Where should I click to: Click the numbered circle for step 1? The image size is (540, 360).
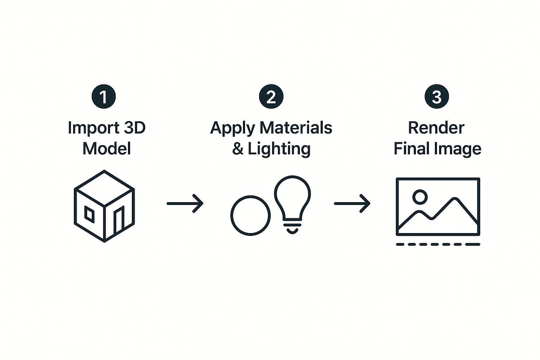(104, 96)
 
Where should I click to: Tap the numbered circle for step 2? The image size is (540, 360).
(271, 96)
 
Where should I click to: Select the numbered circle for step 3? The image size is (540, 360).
(437, 96)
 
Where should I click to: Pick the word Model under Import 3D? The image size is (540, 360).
(107, 148)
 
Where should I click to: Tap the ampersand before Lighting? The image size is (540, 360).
(238, 148)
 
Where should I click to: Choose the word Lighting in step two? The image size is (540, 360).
(279, 149)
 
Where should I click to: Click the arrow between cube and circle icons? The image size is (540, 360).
(185, 203)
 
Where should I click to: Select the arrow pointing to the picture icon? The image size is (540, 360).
(352, 203)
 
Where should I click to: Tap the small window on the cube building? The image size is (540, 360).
(89, 214)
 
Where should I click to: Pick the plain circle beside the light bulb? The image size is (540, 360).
(250, 215)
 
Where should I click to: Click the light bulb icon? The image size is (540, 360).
(292, 202)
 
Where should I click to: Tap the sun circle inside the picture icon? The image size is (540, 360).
(420, 197)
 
